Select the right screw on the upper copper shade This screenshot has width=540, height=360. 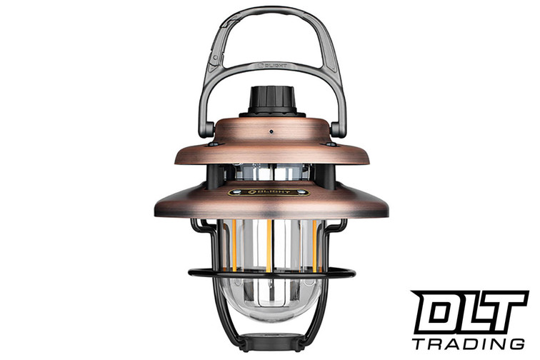point(329,144)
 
